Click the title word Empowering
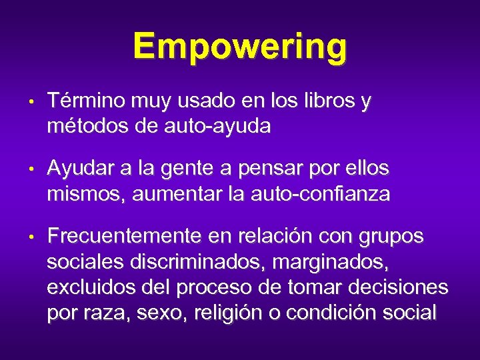point(240,47)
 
